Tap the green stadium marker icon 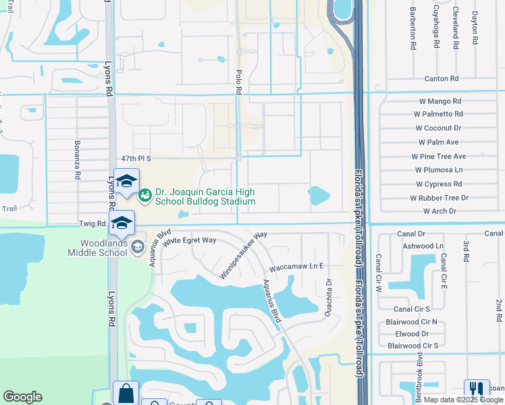(144, 196)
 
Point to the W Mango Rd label (440, 101)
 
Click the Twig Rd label (92, 223)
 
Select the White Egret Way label (193, 240)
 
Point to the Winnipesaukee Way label (243, 256)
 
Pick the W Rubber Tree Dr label (439, 198)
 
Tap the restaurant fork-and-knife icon (477, 389)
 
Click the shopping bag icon (126, 393)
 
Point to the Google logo (22, 397)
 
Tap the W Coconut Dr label (438, 128)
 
